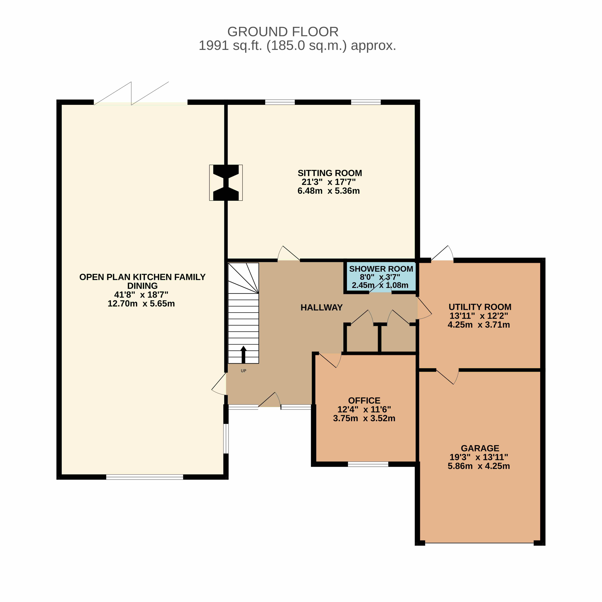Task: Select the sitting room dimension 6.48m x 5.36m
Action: point(329,191)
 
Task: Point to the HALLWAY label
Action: point(322,308)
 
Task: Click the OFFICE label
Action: point(364,400)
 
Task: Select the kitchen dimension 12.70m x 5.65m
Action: point(141,304)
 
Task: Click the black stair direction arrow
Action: point(243,355)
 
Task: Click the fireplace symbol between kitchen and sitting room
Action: point(226,183)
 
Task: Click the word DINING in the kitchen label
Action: point(142,286)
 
